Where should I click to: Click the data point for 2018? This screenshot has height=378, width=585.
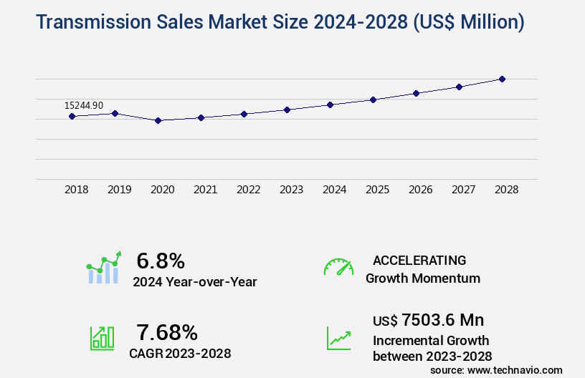[72, 116]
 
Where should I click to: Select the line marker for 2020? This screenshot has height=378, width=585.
[158, 120]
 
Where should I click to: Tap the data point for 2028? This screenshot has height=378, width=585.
[502, 79]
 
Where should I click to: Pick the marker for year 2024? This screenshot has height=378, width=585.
[330, 105]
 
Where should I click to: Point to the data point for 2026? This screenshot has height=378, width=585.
[416, 93]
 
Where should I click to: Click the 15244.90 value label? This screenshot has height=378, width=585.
[84, 105]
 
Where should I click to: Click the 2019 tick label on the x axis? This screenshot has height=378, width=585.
[120, 190]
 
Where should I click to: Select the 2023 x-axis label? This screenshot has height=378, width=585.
[291, 190]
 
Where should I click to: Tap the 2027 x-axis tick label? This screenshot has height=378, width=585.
[463, 190]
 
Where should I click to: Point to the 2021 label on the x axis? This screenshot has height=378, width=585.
[206, 190]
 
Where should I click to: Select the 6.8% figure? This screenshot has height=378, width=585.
[161, 261]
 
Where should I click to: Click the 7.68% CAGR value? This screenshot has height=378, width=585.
[167, 332]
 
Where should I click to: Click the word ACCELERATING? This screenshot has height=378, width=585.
[419, 260]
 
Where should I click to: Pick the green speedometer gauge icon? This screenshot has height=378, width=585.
[338, 267]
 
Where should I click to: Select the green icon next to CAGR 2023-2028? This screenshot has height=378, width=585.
[102, 338]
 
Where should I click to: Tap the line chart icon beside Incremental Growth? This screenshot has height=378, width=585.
[338, 338]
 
